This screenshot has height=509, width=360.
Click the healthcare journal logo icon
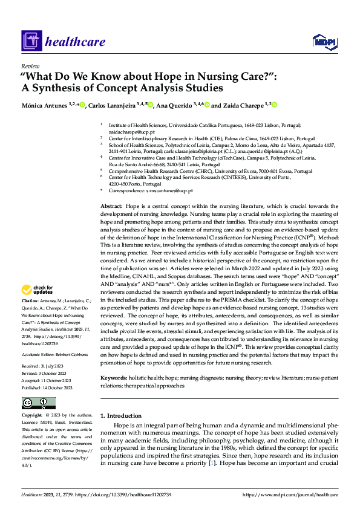(30, 41)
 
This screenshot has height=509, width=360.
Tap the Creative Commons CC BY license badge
(38, 403)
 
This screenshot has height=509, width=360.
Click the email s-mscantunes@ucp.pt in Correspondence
(169, 190)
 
